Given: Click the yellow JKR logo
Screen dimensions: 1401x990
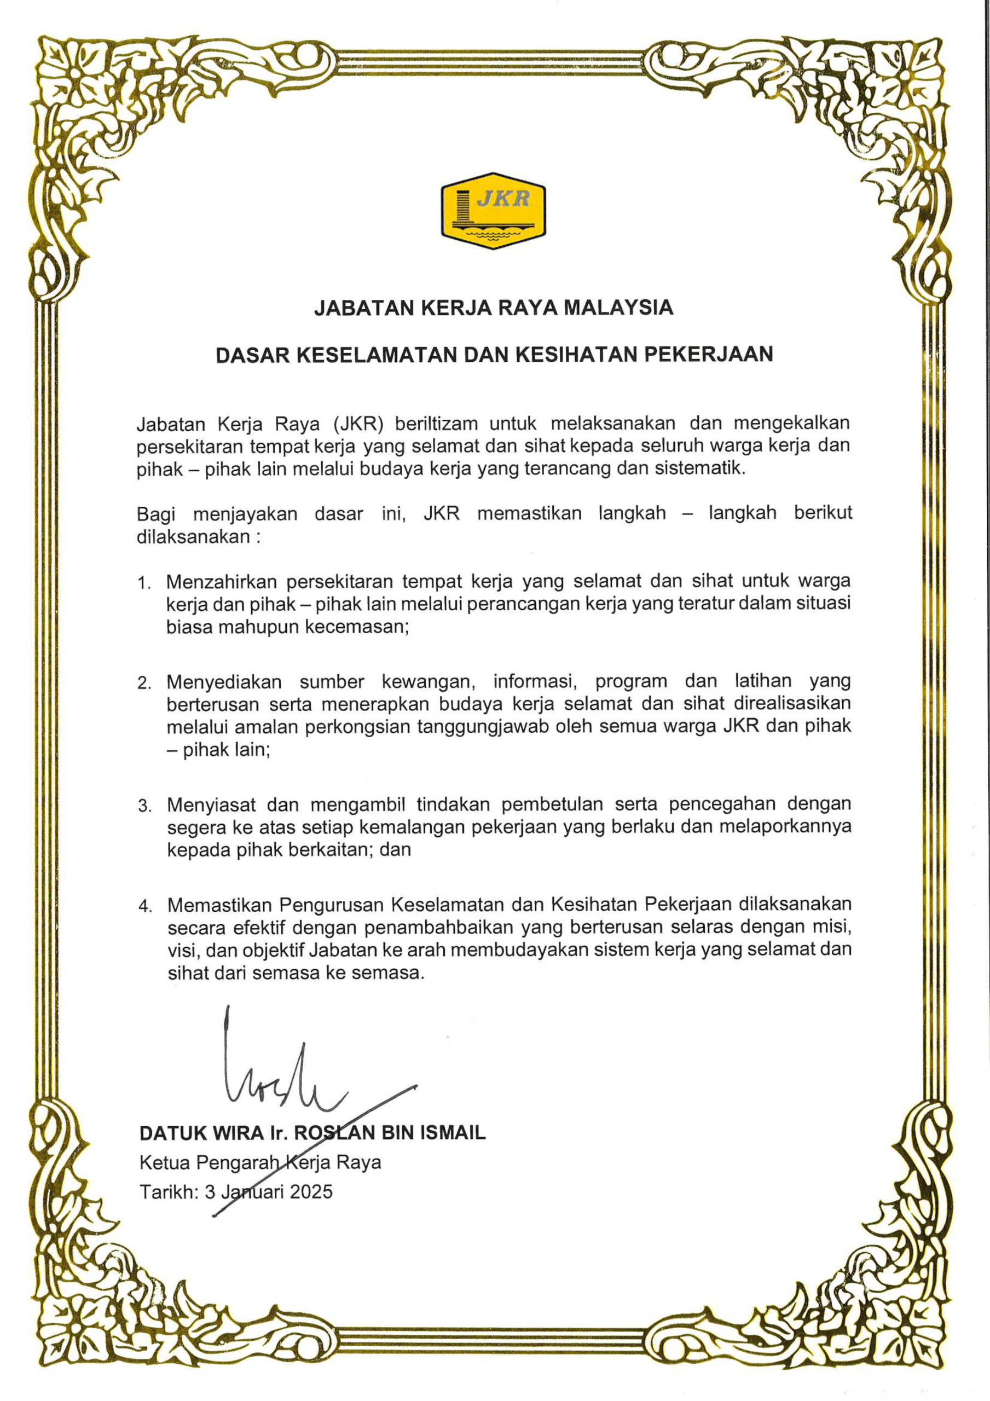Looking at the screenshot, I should [x=493, y=211].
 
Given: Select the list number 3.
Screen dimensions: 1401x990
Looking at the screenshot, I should [x=144, y=806].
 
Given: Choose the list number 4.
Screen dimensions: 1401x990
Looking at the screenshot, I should [x=144, y=906].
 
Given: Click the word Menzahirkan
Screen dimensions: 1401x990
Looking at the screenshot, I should [x=221, y=582].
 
